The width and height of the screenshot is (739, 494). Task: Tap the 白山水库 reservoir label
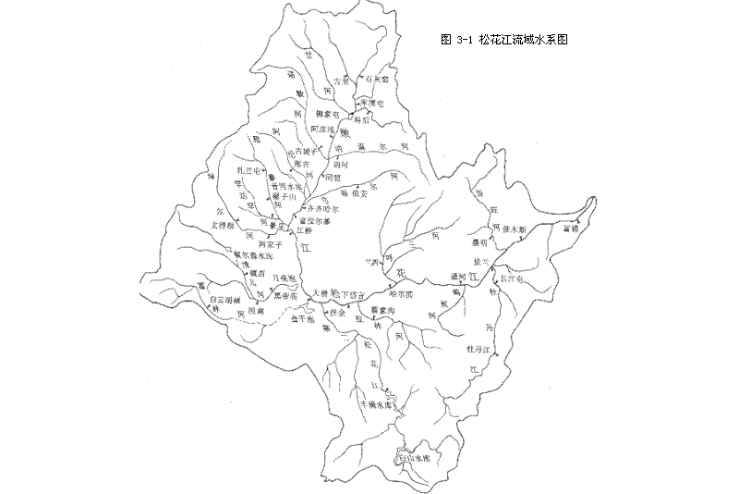pyautogui.click(x=412, y=458)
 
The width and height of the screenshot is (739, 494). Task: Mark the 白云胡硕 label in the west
pyautogui.click(x=224, y=301)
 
